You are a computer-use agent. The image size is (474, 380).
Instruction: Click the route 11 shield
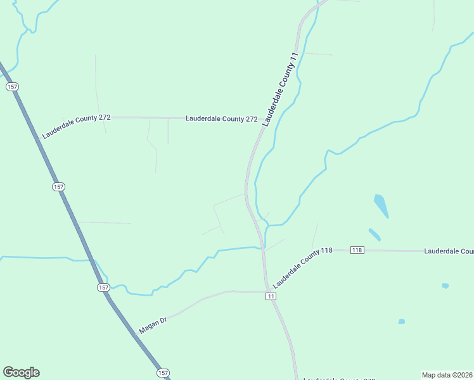pyautogui.click(x=271, y=296)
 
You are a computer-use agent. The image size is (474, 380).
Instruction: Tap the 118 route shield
pyautogui.click(x=357, y=250)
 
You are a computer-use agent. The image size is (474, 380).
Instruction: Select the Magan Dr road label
pyautogui.click(x=152, y=326)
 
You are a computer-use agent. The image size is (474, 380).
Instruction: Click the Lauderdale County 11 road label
pyautogui.click(x=279, y=91)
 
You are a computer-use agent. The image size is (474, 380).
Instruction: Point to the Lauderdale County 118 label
pyautogui.click(x=304, y=265)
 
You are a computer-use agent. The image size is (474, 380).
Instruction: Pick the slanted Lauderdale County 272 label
pyautogui.click(x=76, y=127)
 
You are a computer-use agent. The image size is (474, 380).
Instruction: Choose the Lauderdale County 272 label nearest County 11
pyautogui.click(x=221, y=118)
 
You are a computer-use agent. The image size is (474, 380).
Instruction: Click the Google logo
pyautogui.click(x=21, y=372)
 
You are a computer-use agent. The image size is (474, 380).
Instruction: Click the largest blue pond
pyautogui.click(x=381, y=205)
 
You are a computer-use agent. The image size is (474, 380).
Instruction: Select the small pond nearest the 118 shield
pyautogui.click(x=375, y=234)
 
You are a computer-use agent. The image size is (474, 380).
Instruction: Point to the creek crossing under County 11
pyautogui.click(x=261, y=247)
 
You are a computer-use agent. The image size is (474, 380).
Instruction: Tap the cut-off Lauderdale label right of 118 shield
pyautogui.click(x=449, y=251)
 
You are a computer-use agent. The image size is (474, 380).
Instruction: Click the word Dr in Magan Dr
pyautogui.click(x=163, y=320)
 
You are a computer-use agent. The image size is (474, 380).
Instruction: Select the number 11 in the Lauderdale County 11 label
pyautogui.click(x=293, y=58)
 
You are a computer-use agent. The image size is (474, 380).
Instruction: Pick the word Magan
pyautogui.click(x=148, y=328)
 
